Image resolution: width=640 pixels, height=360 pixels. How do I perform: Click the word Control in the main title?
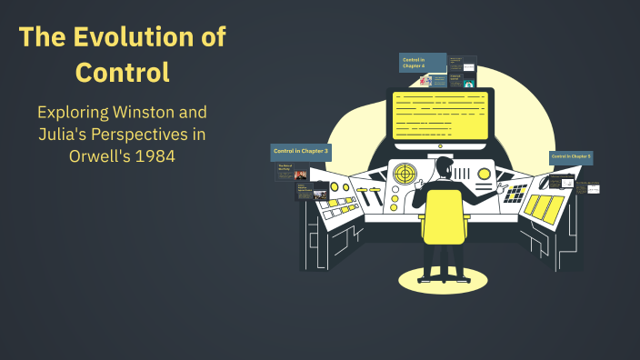point(123,72)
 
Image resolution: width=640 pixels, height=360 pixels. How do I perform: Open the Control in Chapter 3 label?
point(300,150)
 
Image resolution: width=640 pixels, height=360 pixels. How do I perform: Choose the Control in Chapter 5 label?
point(571,156)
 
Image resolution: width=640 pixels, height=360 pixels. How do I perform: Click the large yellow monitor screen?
point(440,115)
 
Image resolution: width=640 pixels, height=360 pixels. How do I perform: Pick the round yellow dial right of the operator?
point(485,173)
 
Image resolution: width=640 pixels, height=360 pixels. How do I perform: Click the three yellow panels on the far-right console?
point(544,208)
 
